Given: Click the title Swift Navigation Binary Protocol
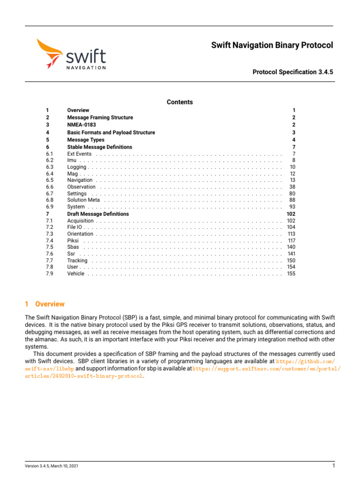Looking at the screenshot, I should (272, 45).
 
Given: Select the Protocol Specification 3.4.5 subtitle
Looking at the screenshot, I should (292, 72).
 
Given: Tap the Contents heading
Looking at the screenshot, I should (180, 102).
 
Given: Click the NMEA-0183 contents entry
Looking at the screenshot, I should (81, 125).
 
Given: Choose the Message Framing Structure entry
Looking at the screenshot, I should (100, 118).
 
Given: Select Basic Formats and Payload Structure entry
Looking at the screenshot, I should (111, 133).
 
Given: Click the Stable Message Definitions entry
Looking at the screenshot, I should (99, 147).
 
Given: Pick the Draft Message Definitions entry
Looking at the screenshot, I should (97, 214).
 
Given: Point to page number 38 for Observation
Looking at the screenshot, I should (292, 187).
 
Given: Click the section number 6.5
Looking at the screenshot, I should (49, 180).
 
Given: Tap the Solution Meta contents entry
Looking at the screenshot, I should (83, 200).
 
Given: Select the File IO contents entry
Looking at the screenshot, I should (75, 227).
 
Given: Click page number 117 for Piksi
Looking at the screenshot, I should (291, 240).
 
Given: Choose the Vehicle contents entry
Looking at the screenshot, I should (75, 274).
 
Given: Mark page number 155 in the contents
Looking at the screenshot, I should (291, 274).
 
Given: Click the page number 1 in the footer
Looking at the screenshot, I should (333, 466).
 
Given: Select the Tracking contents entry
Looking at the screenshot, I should (77, 261).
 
